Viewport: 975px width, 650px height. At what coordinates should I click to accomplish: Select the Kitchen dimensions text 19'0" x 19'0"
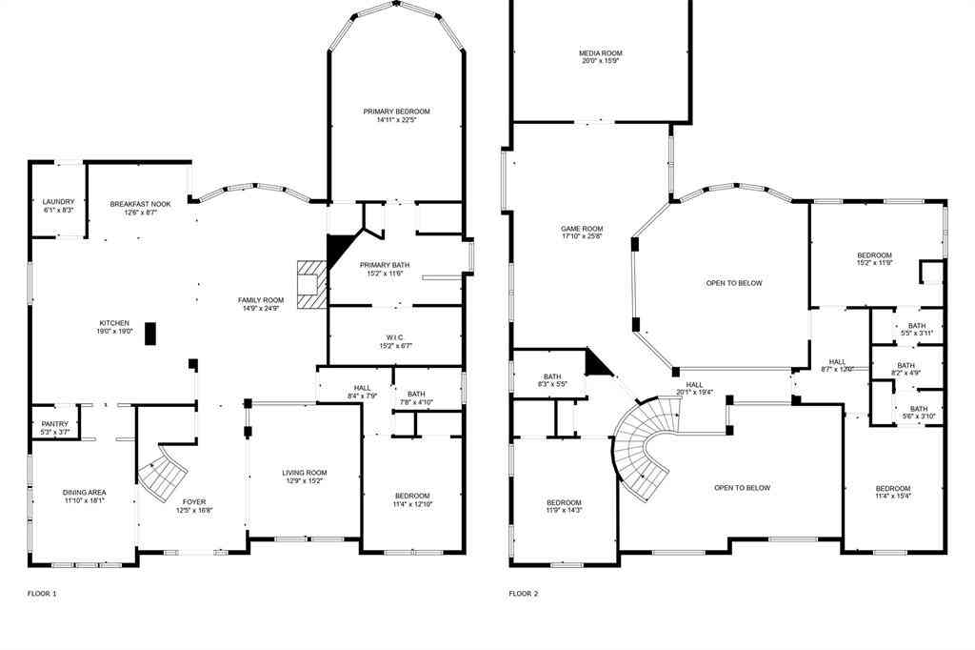point(114,332)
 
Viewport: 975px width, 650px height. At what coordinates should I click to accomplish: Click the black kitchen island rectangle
point(150,333)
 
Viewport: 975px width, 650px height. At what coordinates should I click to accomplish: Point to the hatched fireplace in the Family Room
point(311,285)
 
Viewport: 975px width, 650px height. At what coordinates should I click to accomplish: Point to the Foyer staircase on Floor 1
point(163,473)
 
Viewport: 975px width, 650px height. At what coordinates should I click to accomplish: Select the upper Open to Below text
point(734,283)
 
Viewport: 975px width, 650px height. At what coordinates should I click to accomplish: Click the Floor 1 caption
point(42,594)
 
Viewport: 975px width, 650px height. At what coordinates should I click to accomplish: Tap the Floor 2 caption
point(524,594)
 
